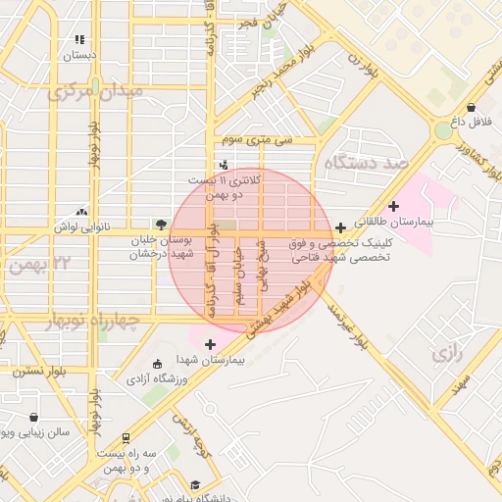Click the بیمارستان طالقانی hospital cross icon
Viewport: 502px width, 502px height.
coord(394,206)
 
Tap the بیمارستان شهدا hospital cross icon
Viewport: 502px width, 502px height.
coord(211,343)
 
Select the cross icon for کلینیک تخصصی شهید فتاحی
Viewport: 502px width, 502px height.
coord(340,227)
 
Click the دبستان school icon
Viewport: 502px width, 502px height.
coord(79,40)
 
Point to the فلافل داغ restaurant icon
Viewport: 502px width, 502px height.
coord(472,107)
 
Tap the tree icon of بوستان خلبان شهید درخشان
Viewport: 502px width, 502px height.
coord(160,224)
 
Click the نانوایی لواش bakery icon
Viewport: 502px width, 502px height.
coord(80,210)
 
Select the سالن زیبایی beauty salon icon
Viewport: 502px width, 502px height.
coord(34,417)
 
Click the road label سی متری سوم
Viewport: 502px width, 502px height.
coord(258,140)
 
